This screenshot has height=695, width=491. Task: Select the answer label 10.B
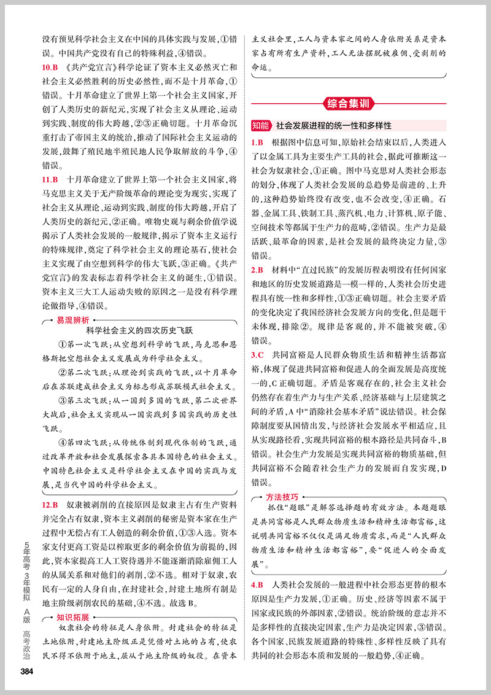tap(52, 66)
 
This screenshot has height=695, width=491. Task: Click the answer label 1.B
tap(258, 142)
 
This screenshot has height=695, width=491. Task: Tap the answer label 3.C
tap(258, 355)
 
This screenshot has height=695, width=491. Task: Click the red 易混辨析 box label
tap(73, 320)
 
